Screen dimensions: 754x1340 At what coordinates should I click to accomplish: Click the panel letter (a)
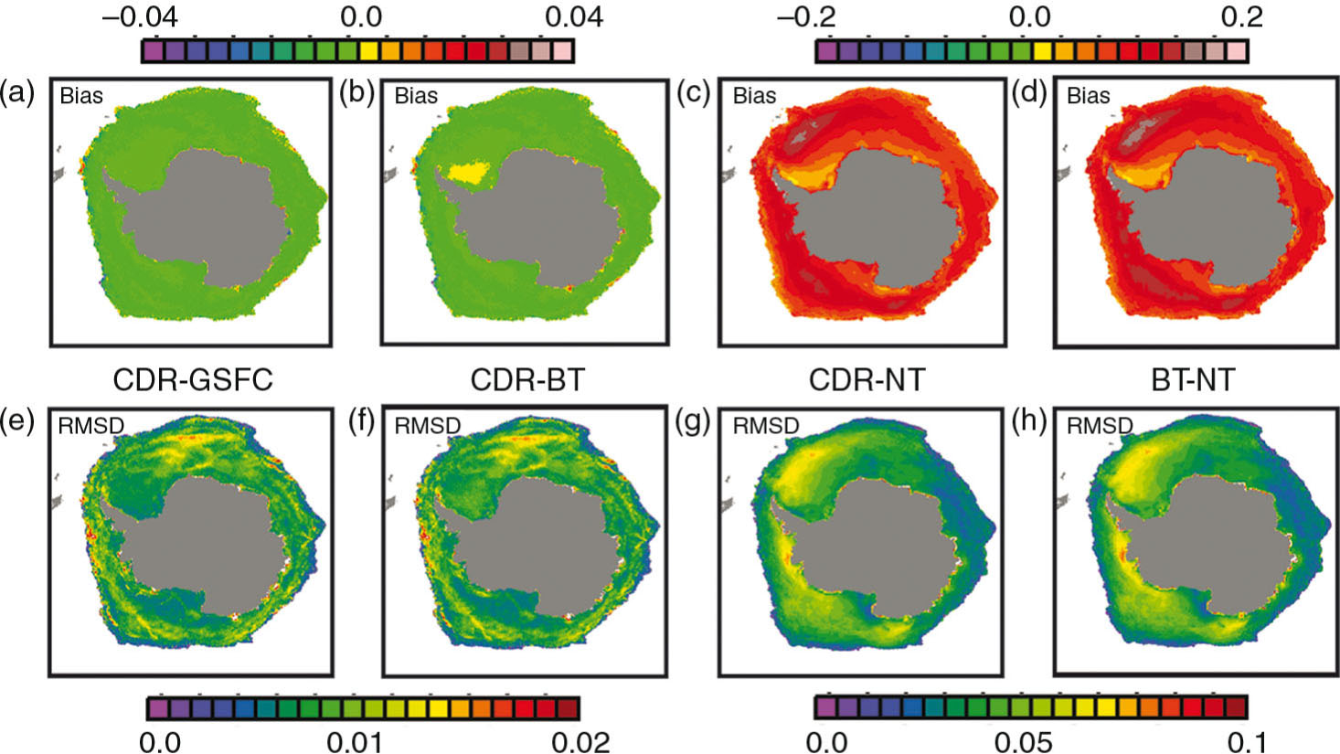tap(17, 92)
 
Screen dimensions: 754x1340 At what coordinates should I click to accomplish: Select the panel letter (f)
tap(356, 423)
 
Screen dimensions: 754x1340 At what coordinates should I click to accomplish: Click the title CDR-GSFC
tap(192, 379)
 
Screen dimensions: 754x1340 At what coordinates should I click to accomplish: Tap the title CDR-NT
tap(867, 379)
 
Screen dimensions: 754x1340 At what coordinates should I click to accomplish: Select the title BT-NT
tap(1190, 379)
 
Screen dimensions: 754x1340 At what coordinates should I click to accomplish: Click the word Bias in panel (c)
tap(754, 95)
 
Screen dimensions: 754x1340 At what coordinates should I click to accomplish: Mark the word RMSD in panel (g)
tap(765, 426)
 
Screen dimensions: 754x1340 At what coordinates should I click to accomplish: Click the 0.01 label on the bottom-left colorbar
tap(364, 738)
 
